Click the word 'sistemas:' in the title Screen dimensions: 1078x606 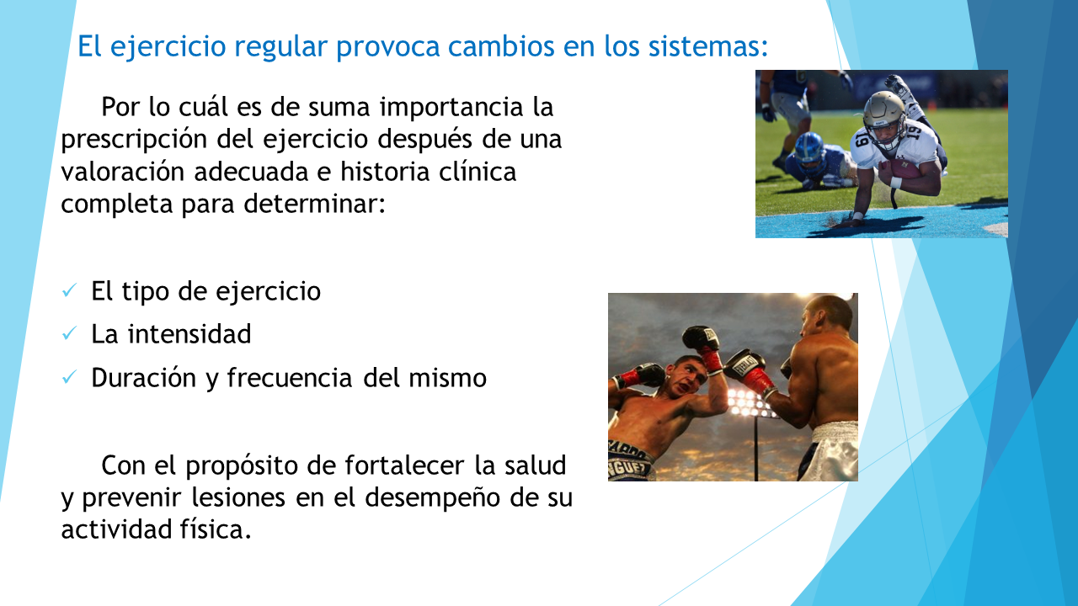[708, 46]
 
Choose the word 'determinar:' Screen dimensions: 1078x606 [315, 204]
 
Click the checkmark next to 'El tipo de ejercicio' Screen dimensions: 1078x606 [69, 290]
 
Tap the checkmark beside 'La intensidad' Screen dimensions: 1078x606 [69, 333]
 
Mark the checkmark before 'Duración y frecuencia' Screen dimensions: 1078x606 [69, 377]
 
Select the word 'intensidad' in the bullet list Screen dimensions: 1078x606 [189, 334]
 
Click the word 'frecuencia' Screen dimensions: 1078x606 [290, 378]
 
